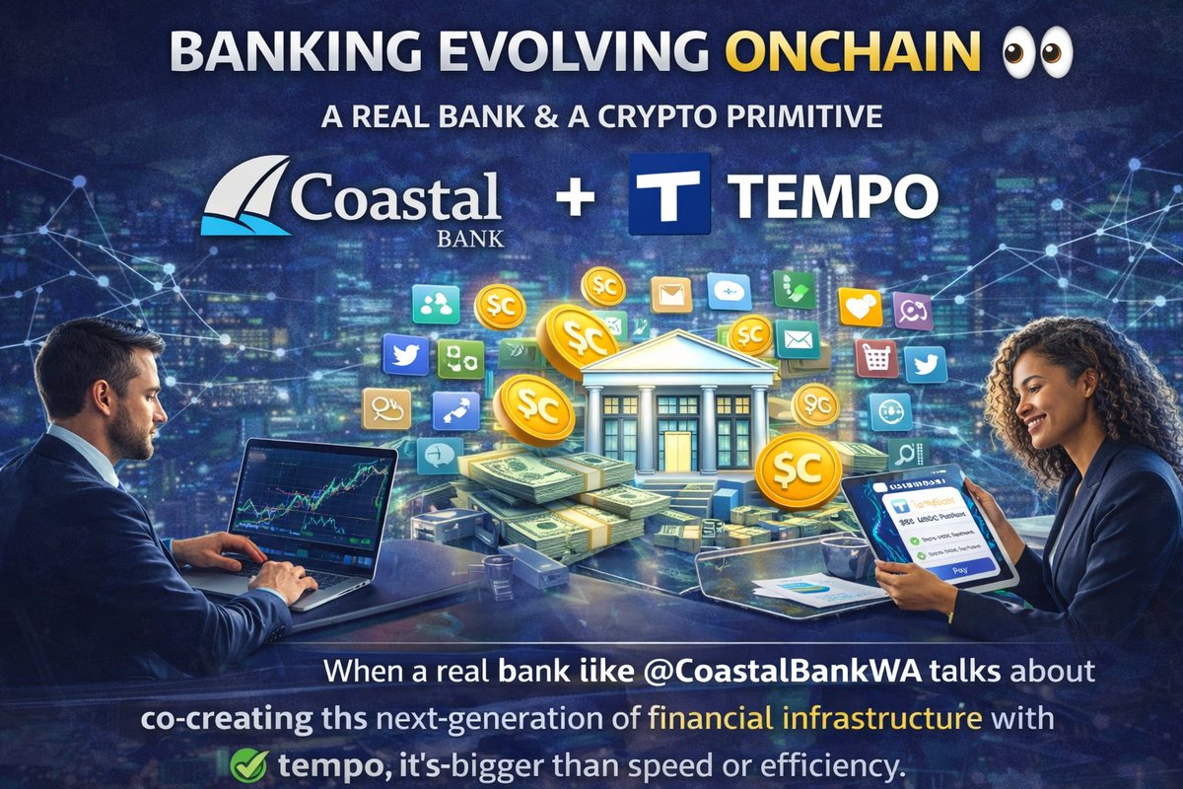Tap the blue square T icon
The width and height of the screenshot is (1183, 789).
[669, 195]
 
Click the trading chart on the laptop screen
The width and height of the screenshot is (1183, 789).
[313, 498]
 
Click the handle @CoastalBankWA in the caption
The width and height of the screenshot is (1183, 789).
[759, 672]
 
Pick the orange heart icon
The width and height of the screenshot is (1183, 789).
[859, 307]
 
